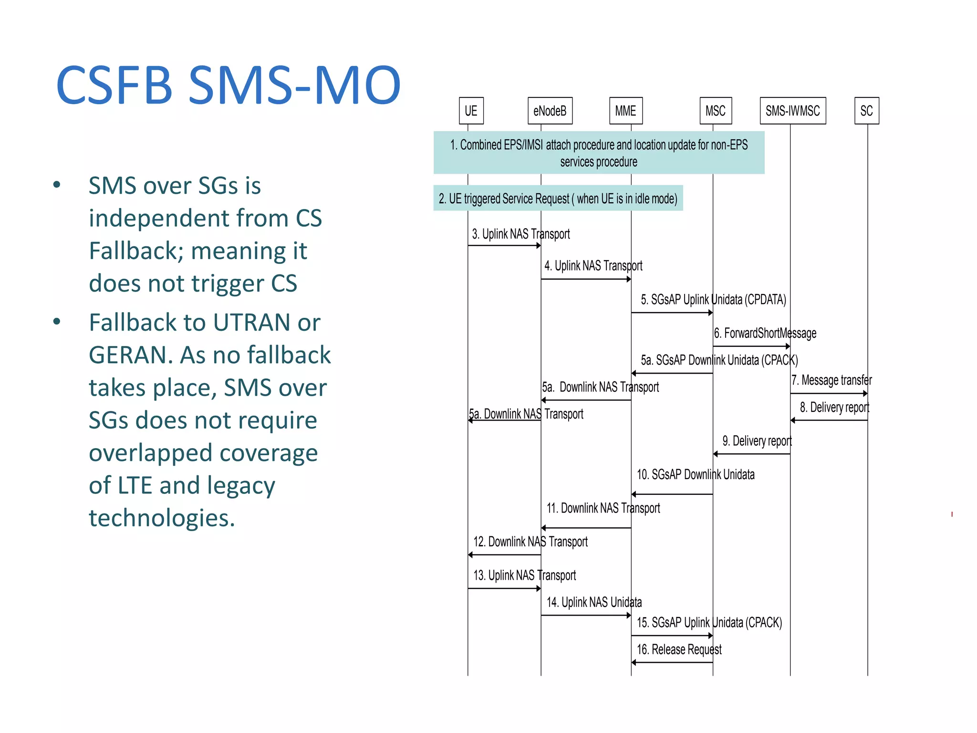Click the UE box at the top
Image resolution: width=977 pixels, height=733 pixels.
click(471, 111)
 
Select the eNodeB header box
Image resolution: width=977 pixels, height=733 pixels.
click(550, 111)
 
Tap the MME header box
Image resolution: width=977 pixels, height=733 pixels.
click(625, 111)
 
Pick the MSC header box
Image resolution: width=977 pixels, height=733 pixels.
click(715, 111)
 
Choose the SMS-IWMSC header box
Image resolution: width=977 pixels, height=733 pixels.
click(792, 111)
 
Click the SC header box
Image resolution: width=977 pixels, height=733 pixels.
click(866, 111)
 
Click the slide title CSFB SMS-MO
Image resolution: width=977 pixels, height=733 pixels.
click(228, 86)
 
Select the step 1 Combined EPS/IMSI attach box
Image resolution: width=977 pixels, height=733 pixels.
click(599, 153)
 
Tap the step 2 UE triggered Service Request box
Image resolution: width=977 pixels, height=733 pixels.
click(558, 198)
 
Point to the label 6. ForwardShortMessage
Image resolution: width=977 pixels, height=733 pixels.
click(765, 333)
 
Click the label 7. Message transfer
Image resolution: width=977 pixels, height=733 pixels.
click(831, 380)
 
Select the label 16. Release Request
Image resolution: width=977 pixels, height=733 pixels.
click(679, 649)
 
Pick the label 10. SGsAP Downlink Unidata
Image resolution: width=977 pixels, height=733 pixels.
click(696, 474)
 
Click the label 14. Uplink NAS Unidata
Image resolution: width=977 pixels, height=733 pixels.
click(594, 602)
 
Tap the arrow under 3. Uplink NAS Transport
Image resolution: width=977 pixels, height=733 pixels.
click(504, 245)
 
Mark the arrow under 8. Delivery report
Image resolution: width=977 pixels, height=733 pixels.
click(829, 420)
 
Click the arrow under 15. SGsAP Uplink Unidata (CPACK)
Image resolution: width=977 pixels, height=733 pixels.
click(672, 636)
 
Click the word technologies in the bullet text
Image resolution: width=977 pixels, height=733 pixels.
click(162, 518)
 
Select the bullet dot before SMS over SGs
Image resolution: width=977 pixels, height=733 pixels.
click(57, 185)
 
